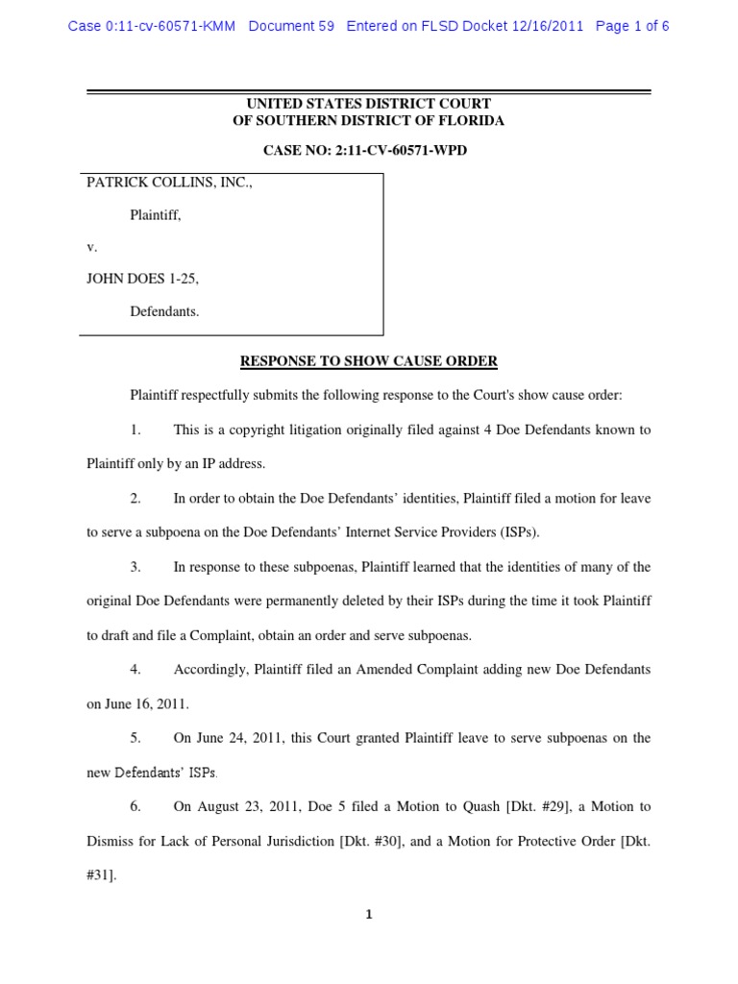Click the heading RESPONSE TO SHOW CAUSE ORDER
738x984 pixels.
point(368,361)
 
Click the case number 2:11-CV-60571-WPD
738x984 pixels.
point(404,152)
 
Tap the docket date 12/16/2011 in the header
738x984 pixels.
point(549,26)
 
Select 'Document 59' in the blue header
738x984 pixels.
point(291,26)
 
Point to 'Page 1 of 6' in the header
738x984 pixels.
point(632,26)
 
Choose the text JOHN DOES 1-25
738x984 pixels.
point(143,279)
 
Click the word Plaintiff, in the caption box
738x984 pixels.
point(156,215)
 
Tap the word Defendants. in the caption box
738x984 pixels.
point(164,311)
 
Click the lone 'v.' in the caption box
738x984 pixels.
point(92,247)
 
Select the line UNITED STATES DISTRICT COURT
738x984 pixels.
point(369,104)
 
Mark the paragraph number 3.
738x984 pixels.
point(135,566)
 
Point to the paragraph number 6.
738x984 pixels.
point(135,806)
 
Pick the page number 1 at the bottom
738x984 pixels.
point(369,915)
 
